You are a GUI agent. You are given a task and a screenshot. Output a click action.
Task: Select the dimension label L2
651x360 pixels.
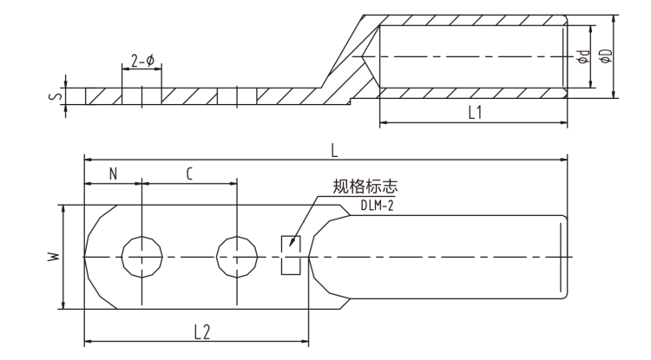click(x=201, y=331)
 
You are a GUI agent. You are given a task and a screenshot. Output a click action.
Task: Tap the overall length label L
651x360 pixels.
click(x=334, y=149)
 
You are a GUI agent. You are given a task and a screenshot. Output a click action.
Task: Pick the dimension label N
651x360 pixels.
click(x=114, y=173)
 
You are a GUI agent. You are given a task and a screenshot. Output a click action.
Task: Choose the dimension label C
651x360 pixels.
click(x=189, y=173)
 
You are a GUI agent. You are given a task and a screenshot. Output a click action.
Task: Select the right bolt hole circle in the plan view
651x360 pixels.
click(x=237, y=257)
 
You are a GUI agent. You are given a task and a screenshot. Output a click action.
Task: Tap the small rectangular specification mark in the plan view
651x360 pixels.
click(x=290, y=257)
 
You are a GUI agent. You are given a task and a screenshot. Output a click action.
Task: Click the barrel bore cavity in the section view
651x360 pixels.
click(x=473, y=56)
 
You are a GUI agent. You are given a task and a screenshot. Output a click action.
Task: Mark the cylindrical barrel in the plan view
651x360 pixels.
click(x=451, y=257)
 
